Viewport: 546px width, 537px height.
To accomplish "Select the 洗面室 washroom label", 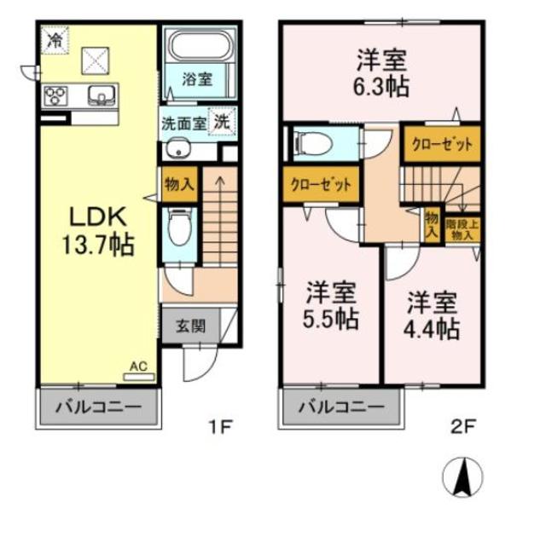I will pyautogui.click(x=183, y=122).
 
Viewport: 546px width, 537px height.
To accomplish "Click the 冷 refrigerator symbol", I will pyautogui.click(x=55, y=39).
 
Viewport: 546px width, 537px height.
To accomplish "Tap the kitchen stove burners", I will pyautogui.click(x=56, y=95).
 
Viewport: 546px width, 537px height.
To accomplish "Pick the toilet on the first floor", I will pyautogui.click(x=178, y=228).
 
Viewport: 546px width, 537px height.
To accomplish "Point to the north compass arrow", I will pyautogui.click(x=462, y=476).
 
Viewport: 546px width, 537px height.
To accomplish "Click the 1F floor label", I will pyautogui.click(x=219, y=424).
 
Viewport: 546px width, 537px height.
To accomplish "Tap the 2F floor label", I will pyautogui.click(x=462, y=424).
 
